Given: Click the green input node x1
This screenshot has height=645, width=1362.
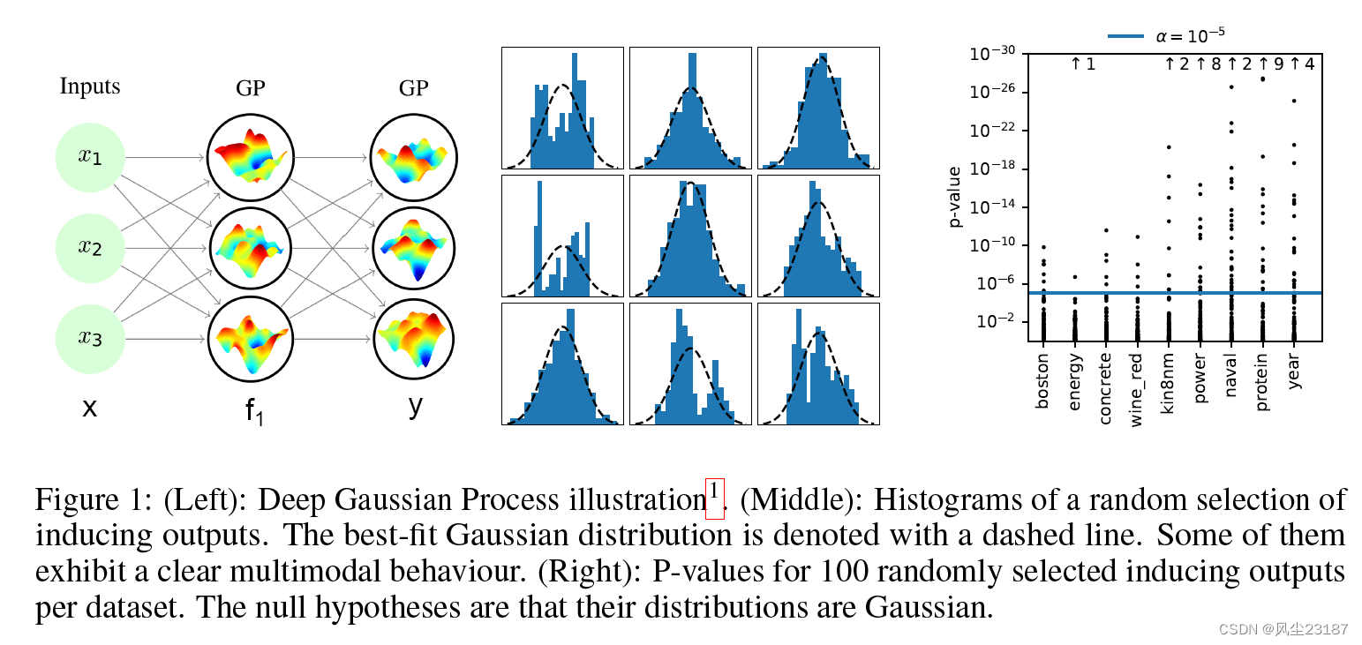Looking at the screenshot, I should [x=90, y=157].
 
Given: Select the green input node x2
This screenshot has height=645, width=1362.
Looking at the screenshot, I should [x=90, y=248].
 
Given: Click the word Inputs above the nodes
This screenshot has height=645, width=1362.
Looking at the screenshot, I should [x=90, y=86].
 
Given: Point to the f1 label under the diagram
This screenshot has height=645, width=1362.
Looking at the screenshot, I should [x=254, y=411].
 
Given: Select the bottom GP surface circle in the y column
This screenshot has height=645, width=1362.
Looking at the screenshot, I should [x=413, y=339].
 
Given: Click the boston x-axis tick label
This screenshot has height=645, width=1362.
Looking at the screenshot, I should [x=1042, y=381].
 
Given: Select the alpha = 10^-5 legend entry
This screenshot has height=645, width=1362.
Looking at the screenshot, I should [x=1166, y=35].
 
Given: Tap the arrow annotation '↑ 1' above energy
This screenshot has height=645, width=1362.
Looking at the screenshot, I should [x=1082, y=64].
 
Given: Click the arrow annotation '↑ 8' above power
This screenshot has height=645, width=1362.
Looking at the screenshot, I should [x=1208, y=64].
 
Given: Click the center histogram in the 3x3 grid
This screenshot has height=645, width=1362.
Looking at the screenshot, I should [x=690, y=236].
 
